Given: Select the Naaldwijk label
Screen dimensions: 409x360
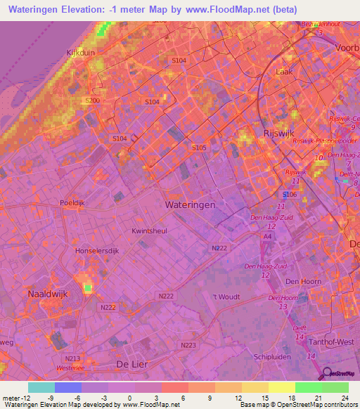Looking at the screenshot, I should (47, 294).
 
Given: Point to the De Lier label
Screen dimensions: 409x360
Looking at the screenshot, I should (131, 363).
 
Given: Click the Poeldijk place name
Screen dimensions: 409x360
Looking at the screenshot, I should (73, 202).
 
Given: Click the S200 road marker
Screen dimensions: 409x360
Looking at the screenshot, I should (92, 101).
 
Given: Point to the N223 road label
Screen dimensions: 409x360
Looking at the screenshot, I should (188, 345).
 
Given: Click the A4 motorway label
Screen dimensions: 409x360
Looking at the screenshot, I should (266, 237).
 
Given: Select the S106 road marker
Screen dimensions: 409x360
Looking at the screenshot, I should (289, 194).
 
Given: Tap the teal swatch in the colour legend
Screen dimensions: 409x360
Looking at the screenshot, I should (41, 387).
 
